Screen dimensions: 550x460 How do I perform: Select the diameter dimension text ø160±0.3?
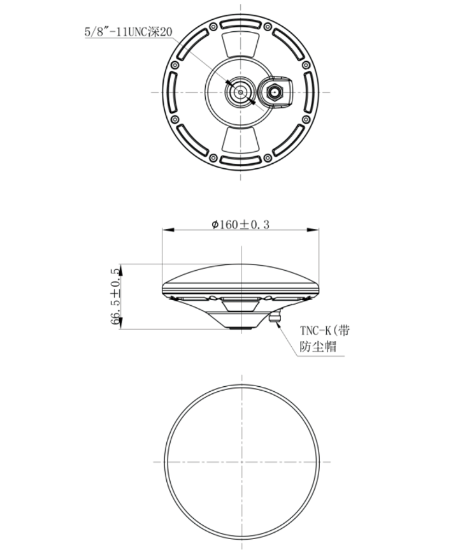(240, 224)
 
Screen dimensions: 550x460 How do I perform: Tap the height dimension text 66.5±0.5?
(115, 296)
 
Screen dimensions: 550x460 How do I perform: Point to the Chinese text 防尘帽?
(317, 347)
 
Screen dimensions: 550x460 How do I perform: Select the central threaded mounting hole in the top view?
(241, 92)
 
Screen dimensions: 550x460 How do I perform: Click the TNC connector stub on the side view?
(275, 317)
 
